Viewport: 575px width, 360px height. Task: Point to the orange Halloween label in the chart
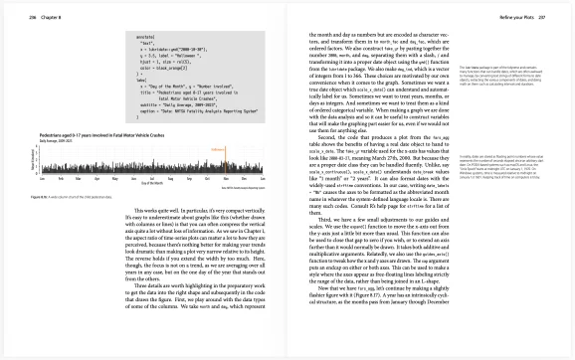click(x=222, y=141)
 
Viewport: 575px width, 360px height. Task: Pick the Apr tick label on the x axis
click(x=86, y=183)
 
